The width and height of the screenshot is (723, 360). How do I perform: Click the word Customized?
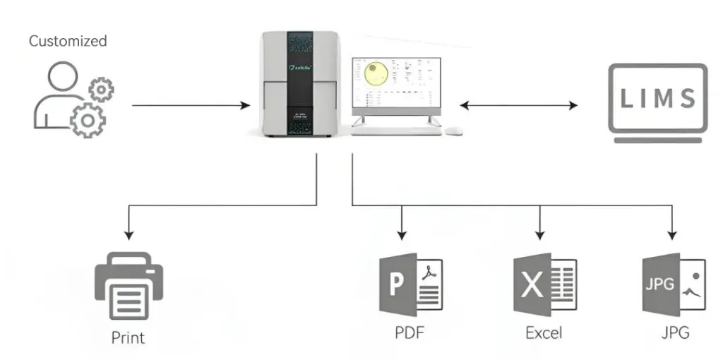pyautogui.click(x=68, y=41)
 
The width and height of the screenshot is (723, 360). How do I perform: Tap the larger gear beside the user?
pyautogui.click(x=87, y=118)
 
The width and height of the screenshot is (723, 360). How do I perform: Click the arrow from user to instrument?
pyautogui.click(x=191, y=106)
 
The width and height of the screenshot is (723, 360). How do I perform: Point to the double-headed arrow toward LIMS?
pyautogui.click(x=518, y=106)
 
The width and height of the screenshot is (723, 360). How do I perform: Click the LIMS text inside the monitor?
pyautogui.click(x=658, y=99)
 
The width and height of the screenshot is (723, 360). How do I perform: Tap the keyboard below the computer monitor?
pyautogui.click(x=396, y=130)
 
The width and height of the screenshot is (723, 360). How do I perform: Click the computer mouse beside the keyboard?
pyautogui.click(x=453, y=130)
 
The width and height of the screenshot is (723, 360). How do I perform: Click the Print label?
pyautogui.click(x=128, y=337)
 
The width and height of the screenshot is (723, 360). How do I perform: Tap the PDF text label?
pyautogui.click(x=410, y=332)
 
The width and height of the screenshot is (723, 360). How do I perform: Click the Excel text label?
pyautogui.click(x=544, y=332)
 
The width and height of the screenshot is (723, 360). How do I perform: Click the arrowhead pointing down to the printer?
pyautogui.click(x=128, y=234)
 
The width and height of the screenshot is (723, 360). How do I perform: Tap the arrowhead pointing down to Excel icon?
pyautogui.click(x=540, y=234)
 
